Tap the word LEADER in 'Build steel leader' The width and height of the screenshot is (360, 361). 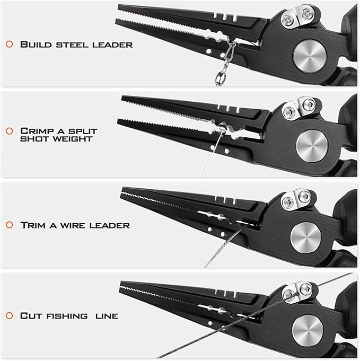tap(112, 45)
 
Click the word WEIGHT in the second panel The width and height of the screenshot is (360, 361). tap(73, 139)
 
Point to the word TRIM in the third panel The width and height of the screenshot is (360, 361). tap(33, 225)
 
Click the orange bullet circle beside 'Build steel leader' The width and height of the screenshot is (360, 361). tap(9, 44)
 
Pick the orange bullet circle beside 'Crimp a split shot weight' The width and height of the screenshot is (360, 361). tap(9, 131)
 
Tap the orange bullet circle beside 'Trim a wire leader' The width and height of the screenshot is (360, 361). tap(9, 225)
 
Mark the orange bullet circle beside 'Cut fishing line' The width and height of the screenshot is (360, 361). tap(9, 315)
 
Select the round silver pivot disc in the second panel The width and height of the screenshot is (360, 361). tap(312, 146)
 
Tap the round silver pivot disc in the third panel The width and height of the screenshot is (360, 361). tap(305, 237)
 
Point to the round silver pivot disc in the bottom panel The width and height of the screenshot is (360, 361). tap(308, 330)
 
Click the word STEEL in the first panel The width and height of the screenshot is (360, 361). tap(72, 45)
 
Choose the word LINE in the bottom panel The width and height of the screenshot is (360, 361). tap(107, 316)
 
